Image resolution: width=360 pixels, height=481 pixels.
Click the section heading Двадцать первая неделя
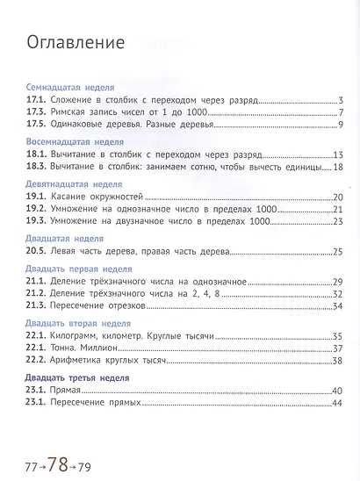[77, 268]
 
